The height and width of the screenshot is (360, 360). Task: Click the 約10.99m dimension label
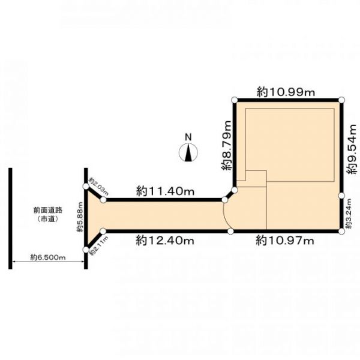pos(286,92)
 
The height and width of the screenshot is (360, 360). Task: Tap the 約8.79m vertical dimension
pos(226,145)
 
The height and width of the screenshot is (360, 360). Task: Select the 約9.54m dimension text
pos(352,149)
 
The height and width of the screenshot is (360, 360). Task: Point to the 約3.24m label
pos(349,213)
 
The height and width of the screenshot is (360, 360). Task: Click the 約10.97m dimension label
pos(285,241)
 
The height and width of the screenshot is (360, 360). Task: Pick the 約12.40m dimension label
pos(165,241)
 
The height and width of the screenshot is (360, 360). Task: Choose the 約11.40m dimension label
pos(166,191)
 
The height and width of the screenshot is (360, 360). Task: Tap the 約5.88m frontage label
pos(80,217)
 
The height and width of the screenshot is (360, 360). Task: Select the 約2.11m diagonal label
pos(99,246)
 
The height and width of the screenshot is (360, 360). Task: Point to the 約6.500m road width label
pos(48,257)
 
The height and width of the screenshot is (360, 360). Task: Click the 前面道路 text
pos(48,210)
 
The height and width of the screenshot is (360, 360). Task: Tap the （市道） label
pos(48,219)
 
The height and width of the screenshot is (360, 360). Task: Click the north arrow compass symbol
pos(188,152)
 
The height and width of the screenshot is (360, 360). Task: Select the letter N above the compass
pos(188,137)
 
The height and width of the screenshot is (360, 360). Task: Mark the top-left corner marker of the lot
pos(235,100)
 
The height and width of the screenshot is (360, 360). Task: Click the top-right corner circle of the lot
pos(341,100)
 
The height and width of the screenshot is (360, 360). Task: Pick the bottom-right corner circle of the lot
pos(341,231)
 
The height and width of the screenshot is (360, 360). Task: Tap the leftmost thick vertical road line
pos(10,218)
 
